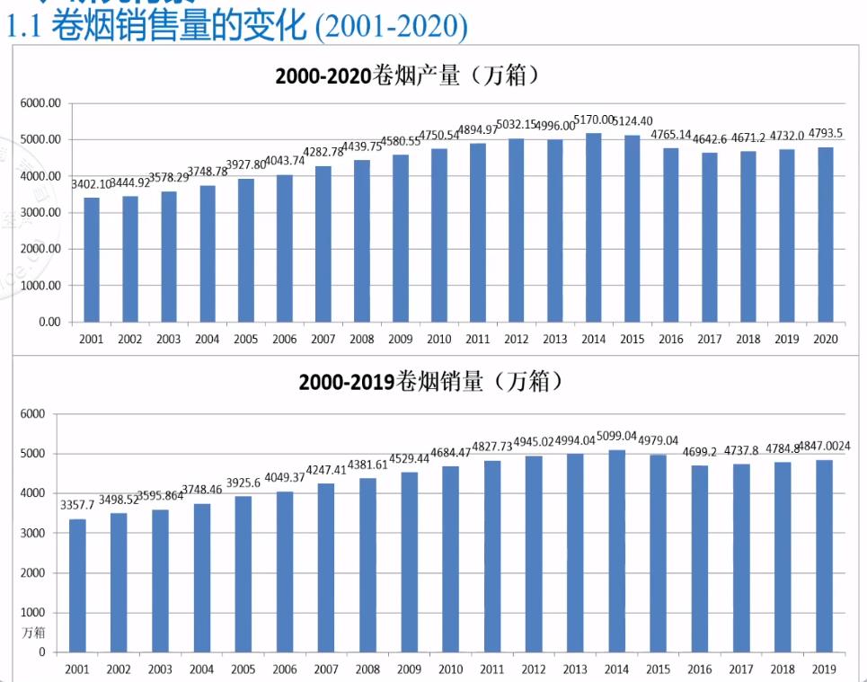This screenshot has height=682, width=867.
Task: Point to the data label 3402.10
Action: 92,184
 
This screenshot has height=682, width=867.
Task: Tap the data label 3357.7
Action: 77,505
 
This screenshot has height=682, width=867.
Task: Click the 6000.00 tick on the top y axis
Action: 40,103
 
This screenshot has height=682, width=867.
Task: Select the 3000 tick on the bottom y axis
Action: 32,533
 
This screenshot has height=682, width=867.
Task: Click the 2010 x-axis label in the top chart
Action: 438,340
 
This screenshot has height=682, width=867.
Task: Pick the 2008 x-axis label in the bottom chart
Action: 367,669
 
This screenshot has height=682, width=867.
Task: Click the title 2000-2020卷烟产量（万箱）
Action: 408,75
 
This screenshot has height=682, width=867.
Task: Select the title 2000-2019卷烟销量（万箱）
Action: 431,382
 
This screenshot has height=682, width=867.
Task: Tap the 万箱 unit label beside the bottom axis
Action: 33,633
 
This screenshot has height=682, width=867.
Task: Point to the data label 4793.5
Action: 824,134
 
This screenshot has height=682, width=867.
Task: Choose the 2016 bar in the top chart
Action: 670,235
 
